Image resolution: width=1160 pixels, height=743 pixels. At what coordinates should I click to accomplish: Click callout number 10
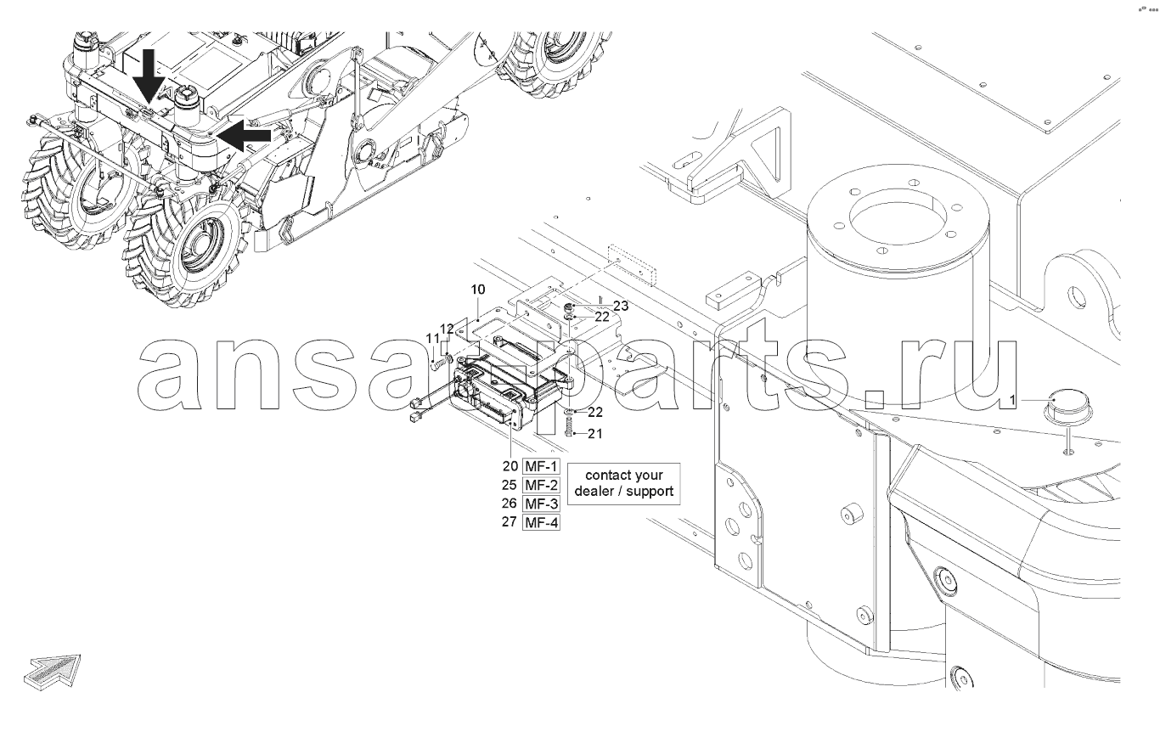click(x=478, y=290)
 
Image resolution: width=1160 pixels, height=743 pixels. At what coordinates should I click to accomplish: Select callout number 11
click(x=432, y=339)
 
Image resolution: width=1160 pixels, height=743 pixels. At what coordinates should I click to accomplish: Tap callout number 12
click(x=447, y=329)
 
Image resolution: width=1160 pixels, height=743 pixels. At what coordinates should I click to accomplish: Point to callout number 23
click(x=621, y=306)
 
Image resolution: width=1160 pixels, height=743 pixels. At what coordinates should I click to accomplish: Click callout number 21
click(x=595, y=433)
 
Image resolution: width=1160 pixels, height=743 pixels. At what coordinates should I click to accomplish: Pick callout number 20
click(x=510, y=466)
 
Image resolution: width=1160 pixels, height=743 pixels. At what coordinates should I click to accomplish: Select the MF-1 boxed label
click(x=541, y=466)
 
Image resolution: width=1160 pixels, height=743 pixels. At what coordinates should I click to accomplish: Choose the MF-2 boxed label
click(x=541, y=485)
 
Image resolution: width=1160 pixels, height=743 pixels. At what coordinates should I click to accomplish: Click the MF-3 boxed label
click(x=541, y=504)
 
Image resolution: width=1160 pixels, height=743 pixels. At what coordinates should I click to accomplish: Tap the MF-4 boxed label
click(x=541, y=522)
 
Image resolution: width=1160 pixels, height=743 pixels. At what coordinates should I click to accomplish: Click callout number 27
click(x=510, y=521)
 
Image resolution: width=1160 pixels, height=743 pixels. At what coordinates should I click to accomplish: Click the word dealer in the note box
click(x=594, y=492)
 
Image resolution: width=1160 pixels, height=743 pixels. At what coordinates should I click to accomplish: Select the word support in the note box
click(x=650, y=492)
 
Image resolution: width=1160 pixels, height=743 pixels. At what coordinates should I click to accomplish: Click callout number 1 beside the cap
click(x=1013, y=400)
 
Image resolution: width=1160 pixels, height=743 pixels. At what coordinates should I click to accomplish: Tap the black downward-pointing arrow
click(x=149, y=76)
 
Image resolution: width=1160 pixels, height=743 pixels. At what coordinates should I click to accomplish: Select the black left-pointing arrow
click(x=244, y=135)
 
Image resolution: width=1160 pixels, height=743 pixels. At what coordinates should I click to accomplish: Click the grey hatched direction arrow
click(x=53, y=672)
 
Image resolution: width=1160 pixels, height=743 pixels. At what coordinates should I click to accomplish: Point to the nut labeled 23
click(x=569, y=307)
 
